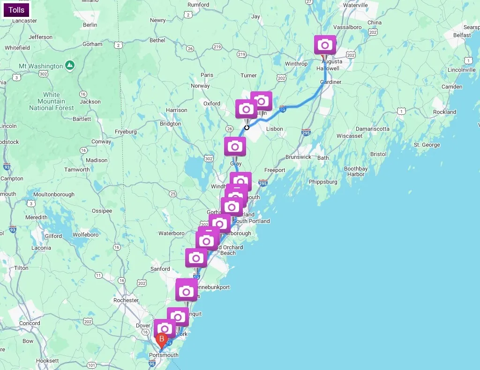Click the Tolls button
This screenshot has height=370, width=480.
tap(16, 10)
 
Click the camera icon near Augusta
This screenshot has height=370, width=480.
tap(325, 45)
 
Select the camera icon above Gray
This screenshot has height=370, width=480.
tap(235, 147)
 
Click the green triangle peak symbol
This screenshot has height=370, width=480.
tap(69, 64)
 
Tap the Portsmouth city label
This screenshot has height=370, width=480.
tap(164, 355)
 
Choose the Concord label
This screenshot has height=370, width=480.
tap(30, 323)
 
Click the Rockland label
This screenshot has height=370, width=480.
tap(444, 112)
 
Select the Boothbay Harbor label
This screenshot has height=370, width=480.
tap(356, 171)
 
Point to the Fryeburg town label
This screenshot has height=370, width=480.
tap(126, 132)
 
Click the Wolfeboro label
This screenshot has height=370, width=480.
tap(85, 235)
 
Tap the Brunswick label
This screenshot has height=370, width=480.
tap(299, 157)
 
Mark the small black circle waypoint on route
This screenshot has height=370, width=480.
tap(247, 127)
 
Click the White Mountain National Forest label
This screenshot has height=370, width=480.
tap(52, 101)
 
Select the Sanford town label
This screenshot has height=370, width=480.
tap(160, 269)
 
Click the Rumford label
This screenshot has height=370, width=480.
tap(198, 5)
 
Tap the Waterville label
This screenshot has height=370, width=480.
tap(355, 5)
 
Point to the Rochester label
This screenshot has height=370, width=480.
tap(126, 300)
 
